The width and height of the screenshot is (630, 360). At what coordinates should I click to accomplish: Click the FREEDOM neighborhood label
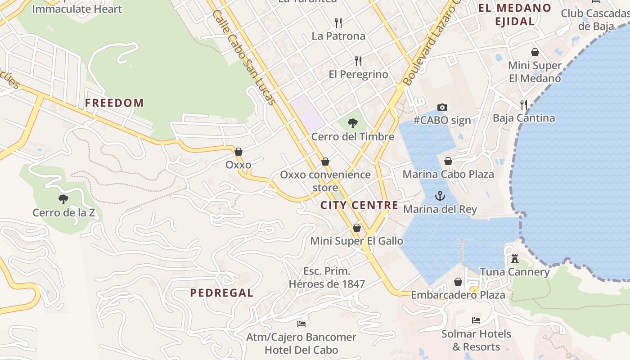114,103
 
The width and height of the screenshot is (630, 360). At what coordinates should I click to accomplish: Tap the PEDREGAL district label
221,293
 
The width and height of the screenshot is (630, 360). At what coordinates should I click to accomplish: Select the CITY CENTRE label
359,206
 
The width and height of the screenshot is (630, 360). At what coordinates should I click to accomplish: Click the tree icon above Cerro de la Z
63,199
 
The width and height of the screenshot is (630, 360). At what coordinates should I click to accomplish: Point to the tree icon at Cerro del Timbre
353,123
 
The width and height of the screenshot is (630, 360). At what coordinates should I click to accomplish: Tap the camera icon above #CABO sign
442,107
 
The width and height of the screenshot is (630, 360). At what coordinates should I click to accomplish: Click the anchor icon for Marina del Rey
440,196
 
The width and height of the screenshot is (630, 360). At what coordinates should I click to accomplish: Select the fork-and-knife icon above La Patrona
338,22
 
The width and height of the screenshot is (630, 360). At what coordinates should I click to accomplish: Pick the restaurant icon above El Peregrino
358,61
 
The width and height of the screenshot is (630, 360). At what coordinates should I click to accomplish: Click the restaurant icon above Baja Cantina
524,105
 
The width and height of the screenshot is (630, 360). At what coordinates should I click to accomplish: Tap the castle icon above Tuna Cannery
515,259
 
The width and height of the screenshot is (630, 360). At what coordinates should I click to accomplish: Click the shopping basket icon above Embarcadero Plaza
458,282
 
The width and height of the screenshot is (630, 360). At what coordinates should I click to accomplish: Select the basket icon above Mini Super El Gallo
357,228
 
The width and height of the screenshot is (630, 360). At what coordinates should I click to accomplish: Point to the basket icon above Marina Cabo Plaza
448,161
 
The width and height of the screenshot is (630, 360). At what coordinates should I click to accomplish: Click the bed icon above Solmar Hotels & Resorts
476,320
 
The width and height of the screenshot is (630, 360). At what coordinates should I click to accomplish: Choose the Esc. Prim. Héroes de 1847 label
327,278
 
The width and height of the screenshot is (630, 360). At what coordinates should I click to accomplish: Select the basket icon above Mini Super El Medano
535,52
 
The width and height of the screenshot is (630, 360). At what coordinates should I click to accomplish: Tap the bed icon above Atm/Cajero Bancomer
301,324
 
